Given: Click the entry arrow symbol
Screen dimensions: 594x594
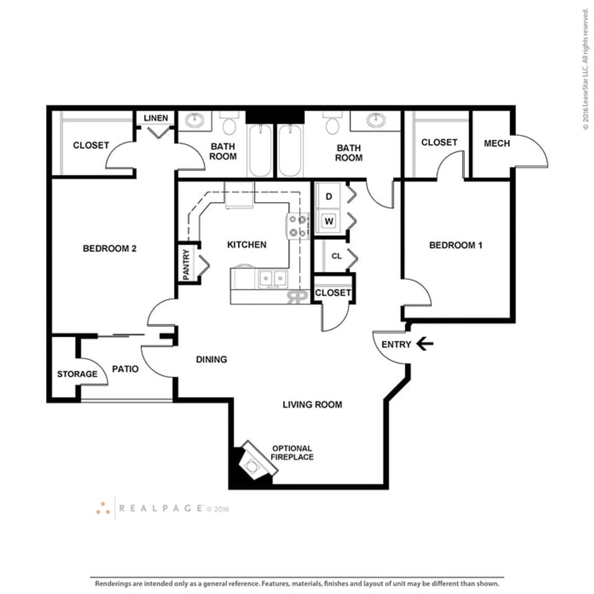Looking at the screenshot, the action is click(x=425, y=344).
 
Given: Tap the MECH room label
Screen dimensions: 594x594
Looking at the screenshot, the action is click(x=497, y=143).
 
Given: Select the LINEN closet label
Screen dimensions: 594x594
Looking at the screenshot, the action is click(x=156, y=118).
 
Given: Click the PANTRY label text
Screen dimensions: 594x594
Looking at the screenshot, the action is click(x=186, y=265).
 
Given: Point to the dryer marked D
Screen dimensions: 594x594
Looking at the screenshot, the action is click(x=329, y=196).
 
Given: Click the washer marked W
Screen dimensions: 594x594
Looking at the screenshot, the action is click(x=329, y=221).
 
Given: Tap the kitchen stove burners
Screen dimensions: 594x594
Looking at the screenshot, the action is click(x=298, y=226).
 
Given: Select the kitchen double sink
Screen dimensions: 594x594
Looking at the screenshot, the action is click(x=273, y=279).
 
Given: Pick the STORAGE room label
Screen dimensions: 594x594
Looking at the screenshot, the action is click(x=78, y=374).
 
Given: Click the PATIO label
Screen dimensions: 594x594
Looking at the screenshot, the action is click(x=125, y=369).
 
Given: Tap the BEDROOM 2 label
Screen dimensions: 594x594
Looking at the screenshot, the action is click(x=109, y=249).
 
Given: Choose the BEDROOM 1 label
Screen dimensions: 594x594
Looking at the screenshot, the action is click(x=456, y=245).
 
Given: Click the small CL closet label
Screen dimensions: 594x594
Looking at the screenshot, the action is click(x=337, y=256).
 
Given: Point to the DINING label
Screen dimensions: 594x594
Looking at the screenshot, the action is click(x=211, y=359).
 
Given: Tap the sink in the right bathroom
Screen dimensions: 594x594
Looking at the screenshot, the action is click(x=376, y=120).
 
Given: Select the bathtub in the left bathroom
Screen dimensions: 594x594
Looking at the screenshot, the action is click(x=260, y=150).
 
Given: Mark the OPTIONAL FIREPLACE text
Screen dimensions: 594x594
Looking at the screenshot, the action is click(x=292, y=453).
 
